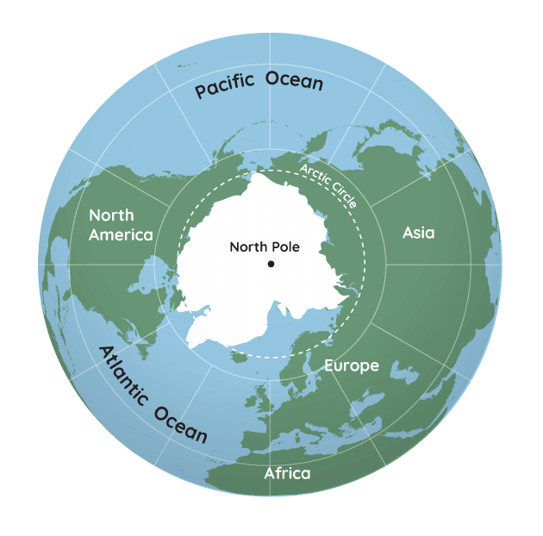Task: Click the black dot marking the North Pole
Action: click(271, 264)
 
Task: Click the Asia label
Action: click(419, 233)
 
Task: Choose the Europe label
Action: click(351, 365)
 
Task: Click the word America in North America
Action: click(122, 234)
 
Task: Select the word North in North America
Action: click(112, 215)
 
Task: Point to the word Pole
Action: click(285, 246)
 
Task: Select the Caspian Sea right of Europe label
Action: click(403, 372)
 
